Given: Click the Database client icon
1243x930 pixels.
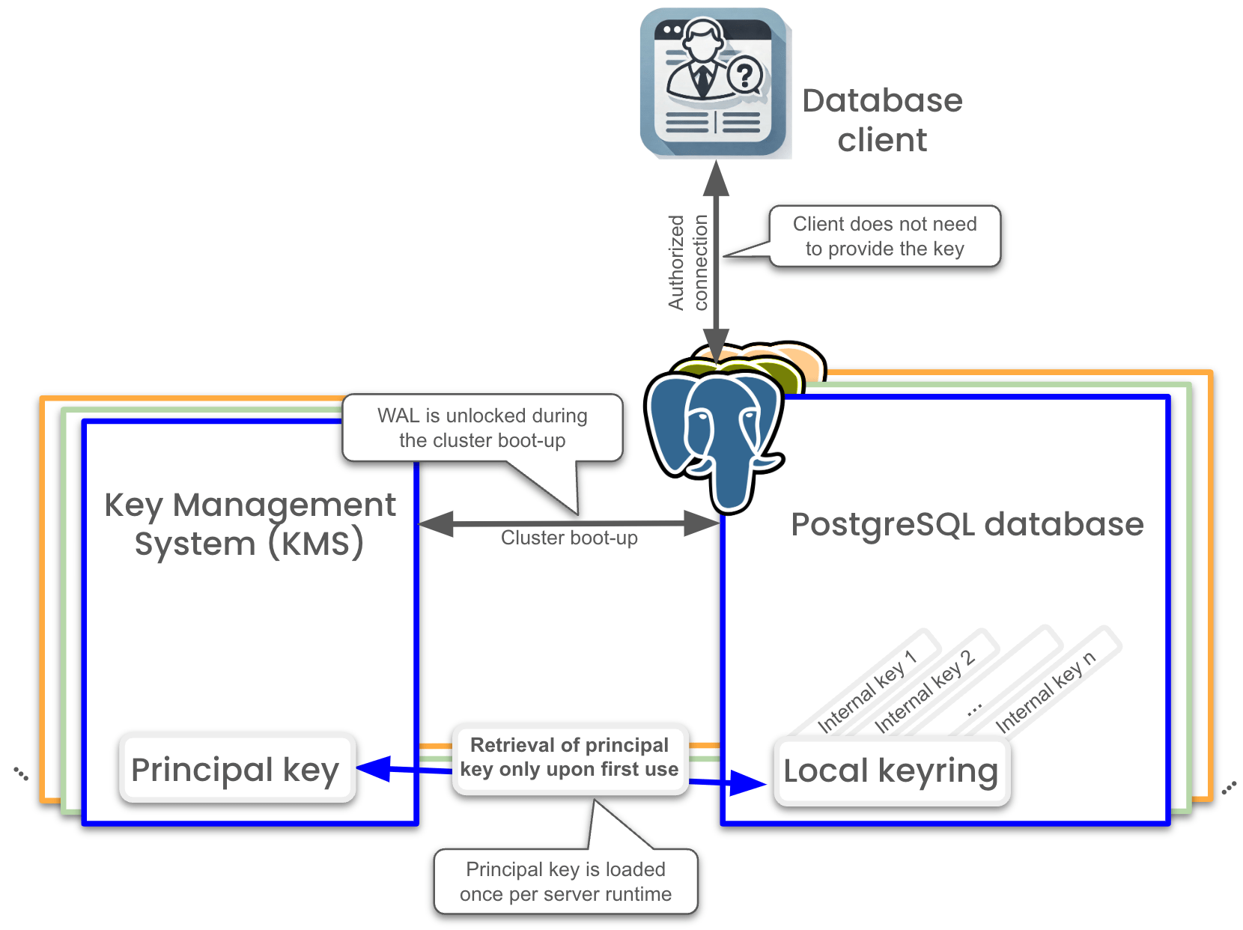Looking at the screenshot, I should tap(713, 82).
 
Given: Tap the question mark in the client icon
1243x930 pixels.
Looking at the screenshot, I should tap(744, 75).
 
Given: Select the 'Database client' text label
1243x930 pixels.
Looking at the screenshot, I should tap(882, 120).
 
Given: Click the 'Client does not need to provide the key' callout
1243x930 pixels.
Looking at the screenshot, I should tap(884, 236).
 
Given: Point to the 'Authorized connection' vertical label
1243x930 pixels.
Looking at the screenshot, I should tap(688, 262).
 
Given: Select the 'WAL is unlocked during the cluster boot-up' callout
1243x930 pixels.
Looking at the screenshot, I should tap(482, 428).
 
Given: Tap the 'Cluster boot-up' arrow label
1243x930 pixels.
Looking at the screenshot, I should tap(569, 538).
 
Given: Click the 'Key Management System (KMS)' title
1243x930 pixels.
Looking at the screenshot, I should tap(249, 523).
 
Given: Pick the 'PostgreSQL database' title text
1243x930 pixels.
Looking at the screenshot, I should tap(967, 524).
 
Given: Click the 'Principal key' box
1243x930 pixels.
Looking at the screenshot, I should tap(236, 770).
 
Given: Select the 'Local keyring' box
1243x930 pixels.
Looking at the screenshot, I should tap(891, 771).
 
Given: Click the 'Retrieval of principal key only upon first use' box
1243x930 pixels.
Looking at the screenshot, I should tap(569, 757).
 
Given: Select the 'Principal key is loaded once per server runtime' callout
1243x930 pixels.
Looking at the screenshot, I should tap(565, 881).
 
